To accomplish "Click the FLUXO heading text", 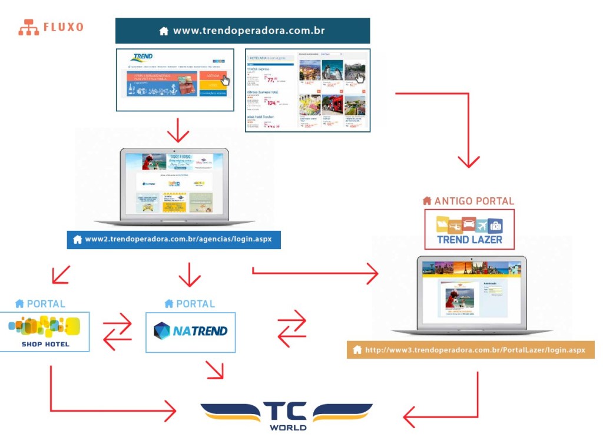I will pyautogui.click(x=63, y=27).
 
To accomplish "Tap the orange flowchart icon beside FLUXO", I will pyautogui.click(x=28, y=27).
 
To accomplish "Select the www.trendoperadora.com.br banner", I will pyautogui.click(x=242, y=31).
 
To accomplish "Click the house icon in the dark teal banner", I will pyautogui.click(x=164, y=31).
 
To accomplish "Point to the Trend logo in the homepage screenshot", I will pyautogui.click(x=142, y=58).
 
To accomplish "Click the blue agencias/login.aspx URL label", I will pyautogui.click(x=173, y=240).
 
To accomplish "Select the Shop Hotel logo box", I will pyautogui.click(x=44, y=332).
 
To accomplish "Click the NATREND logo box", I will pyautogui.click(x=190, y=332).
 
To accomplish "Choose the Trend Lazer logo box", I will pyautogui.click(x=469, y=229).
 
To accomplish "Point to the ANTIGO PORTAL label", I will pyautogui.click(x=468, y=201).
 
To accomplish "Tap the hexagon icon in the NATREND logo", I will pyautogui.click(x=161, y=331).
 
